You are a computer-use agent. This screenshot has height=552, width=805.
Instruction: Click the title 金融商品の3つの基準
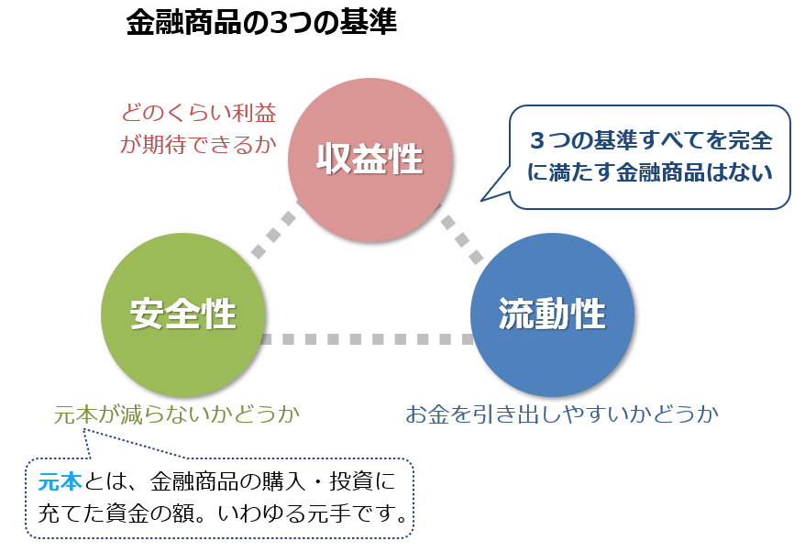(x=261, y=22)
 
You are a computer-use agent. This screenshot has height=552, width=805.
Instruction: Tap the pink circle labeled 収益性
(x=369, y=160)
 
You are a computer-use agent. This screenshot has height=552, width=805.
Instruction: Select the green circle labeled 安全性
(x=182, y=315)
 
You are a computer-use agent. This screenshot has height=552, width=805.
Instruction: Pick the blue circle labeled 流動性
(x=553, y=315)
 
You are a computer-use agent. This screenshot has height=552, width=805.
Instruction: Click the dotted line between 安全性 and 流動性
(x=368, y=339)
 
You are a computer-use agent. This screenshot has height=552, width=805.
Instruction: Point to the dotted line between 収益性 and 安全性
(x=276, y=229)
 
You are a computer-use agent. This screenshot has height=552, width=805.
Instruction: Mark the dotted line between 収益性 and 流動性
(x=461, y=234)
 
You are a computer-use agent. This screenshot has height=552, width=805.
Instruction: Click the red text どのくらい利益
(x=199, y=113)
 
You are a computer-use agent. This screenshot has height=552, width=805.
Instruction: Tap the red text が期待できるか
(x=198, y=145)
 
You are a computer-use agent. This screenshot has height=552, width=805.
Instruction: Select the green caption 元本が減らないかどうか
(x=177, y=414)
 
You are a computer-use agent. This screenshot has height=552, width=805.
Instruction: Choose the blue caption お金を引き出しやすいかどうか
(x=562, y=414)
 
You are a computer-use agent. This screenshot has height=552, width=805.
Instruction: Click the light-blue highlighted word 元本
(x=61, y=481)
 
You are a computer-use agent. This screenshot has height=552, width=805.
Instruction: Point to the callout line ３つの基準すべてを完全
(x=651, y=140)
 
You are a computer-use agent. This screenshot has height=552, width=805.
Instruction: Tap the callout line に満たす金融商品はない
(x=650, y=172)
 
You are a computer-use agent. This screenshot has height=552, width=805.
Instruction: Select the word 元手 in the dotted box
(x=328, y=513)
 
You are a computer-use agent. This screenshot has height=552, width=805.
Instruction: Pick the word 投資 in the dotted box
(x=352, y=481)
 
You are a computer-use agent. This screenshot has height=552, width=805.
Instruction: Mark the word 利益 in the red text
(x=255, y=113)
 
